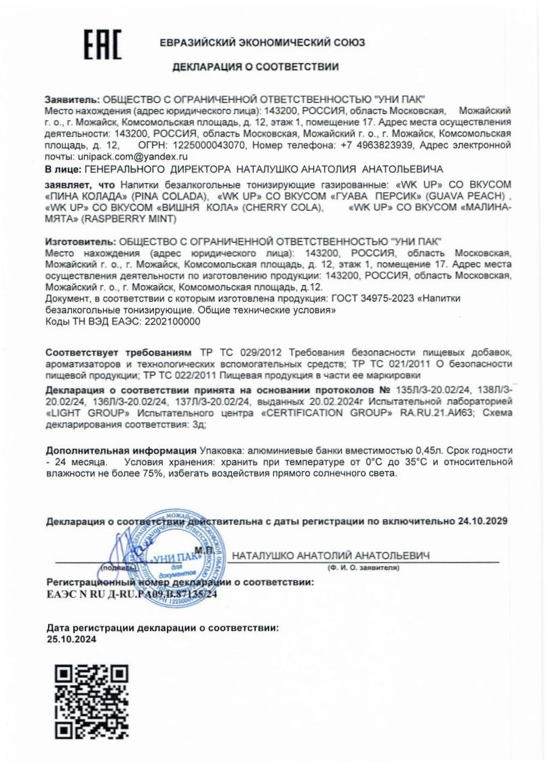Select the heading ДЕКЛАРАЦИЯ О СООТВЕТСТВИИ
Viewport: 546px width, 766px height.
coord(256,67)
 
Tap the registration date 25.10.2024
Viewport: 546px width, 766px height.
coord(71,639)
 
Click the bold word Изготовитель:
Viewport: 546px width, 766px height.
coord(81,241)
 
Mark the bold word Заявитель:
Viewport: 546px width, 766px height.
coord(72,99)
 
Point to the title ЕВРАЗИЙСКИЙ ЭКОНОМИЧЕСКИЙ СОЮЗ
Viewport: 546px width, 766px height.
coord(262,42)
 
